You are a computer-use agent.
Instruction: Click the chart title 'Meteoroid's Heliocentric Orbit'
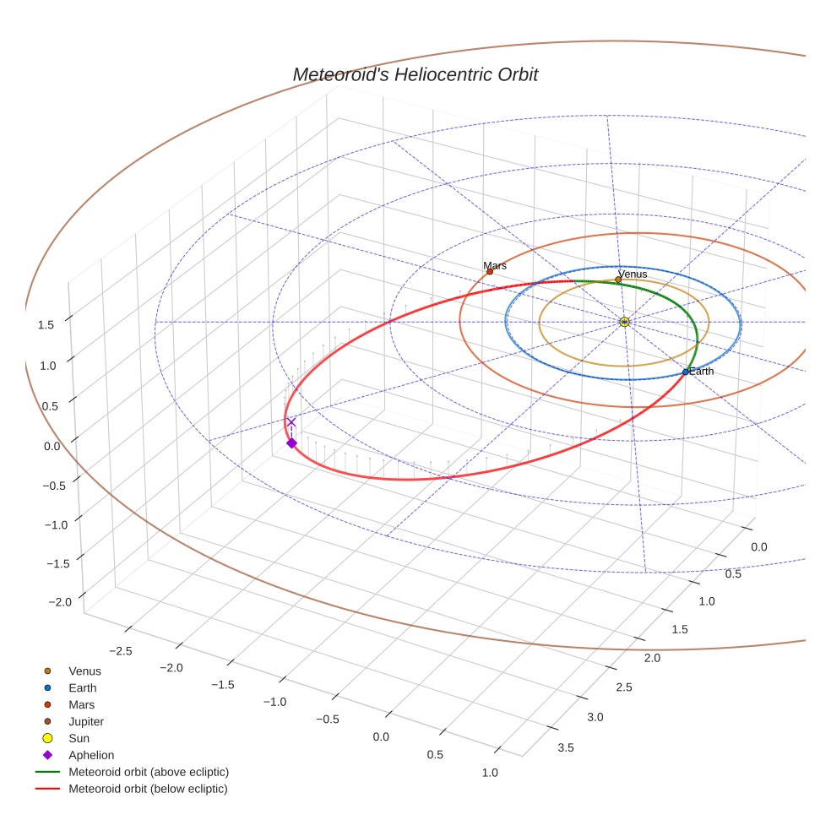coord(415,74)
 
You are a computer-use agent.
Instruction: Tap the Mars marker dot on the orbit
coord(489,271)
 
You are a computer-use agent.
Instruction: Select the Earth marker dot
coord(685,372)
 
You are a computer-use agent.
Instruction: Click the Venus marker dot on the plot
coord(618,280)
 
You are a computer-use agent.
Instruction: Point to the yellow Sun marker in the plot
coord(624,322)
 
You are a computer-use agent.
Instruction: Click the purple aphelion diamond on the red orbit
coord(291,443)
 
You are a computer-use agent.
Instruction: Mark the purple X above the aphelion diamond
coord(291,422)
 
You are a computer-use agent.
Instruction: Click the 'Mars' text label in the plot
coord(495,265)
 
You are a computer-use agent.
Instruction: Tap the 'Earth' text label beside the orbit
coord(701,371)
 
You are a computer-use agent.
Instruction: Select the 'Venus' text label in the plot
coord(633,274)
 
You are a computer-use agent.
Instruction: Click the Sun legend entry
coord(79,738)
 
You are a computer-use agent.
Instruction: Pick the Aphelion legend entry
coord(90,755)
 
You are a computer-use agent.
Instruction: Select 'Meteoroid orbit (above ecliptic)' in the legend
coord(148,772)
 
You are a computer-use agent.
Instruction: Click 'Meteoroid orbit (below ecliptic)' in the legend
coord(148,789)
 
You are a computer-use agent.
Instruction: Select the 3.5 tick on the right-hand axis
coord(566,747)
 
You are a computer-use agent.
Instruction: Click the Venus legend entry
coord(84,671)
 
